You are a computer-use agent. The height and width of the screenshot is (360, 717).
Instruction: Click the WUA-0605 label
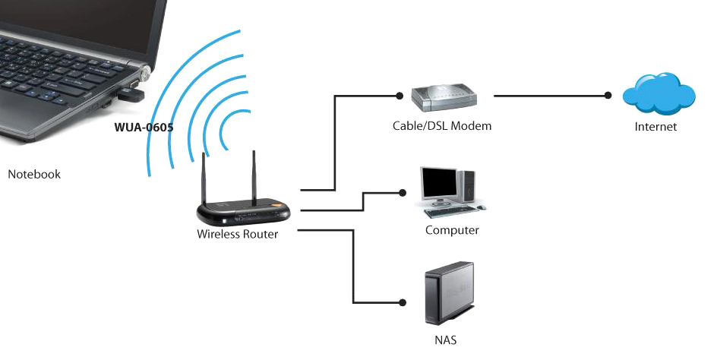click(x=144, y=127)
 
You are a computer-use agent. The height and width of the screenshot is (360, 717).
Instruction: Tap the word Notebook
click(x=34, y=174)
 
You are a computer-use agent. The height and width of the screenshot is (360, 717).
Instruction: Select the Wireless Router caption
click(x=237, y=234)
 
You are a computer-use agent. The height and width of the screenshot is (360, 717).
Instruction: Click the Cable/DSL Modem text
click(x=441, y=126)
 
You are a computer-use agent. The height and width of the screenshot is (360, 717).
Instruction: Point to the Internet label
click(x=655, y=127)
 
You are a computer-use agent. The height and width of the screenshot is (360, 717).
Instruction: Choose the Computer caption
click(x=452, y=230)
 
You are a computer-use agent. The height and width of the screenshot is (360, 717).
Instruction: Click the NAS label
click(x=446, y=339)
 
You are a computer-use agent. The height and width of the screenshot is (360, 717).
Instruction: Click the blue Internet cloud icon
click(x=658, y=93)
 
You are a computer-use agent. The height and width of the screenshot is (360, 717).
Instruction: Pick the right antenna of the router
click(x=254, y=177)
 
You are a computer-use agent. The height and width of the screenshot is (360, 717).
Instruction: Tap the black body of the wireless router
click(x=235, y=211)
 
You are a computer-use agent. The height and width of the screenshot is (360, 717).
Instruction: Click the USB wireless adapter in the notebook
click(x=131, y=95)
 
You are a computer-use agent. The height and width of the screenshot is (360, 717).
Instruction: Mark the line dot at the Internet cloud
click(x=608, y=96)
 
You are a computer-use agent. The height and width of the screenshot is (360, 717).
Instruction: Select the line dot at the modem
click(x=400, y=96)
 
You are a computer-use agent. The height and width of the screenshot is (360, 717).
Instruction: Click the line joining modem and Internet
click(x=551, y=96)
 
